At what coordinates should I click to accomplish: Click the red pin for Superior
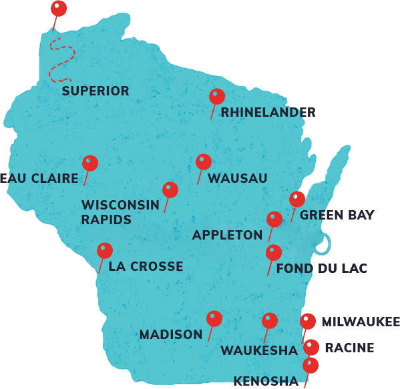[x=59, y=9]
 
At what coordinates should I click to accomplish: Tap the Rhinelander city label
[x=268, y=113]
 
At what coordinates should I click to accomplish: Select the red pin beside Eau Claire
[x=89, y=163]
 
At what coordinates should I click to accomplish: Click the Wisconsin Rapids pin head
[x=170, y=190]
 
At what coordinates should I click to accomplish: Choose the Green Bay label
[x=337, y=215]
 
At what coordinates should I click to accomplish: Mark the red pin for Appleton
[x=274, y=219]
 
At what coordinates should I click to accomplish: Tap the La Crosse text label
[x=146, y=266]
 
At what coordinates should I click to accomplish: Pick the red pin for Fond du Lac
[x=273, y=252]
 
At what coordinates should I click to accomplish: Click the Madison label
[x=171, y=334]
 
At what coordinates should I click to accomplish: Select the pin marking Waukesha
[x=269, y=320]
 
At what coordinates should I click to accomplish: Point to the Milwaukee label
[x=360, y=322]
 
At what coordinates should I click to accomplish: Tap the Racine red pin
[x=311, y=347]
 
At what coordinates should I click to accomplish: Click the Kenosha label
[x=266, y=381]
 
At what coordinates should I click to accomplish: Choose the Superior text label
[x=95, y=91]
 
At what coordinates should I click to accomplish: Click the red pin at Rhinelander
[x=216, y=97]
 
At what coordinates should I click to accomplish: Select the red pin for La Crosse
[x=104, y=251]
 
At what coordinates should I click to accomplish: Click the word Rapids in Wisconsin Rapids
[x=106, y=219]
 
